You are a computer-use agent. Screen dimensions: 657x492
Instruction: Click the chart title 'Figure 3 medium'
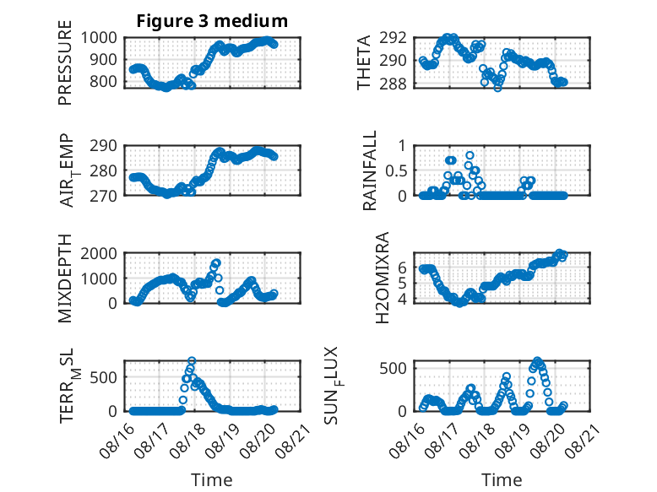click(212, 21)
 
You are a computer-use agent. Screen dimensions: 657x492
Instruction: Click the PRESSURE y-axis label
click(65, 62)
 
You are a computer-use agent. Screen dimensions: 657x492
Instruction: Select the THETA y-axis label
click(364, 62)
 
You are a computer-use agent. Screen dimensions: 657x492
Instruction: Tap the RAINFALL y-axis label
click(370, 170)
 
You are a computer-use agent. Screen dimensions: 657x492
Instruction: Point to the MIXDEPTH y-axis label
click(65, 278)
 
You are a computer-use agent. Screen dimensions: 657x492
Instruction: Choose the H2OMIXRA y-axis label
click(383, 278)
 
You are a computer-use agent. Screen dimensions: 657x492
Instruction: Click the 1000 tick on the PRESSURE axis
click(99, 38)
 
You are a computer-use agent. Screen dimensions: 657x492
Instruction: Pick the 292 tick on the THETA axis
click(393, 38)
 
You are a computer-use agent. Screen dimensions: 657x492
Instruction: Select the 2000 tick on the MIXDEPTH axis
click(99, 253)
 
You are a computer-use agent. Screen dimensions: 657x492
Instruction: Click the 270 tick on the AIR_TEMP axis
click(104, 196)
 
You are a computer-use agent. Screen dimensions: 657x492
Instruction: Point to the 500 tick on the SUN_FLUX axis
click(393, 369)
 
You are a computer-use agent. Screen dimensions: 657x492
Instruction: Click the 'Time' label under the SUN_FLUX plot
click(502, 480)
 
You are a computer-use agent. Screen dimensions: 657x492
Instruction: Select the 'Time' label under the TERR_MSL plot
click(212, 480)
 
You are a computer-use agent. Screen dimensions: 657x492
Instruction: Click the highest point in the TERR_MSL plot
click(192, 360)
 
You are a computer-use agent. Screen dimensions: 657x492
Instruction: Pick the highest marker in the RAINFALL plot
click(470, 155)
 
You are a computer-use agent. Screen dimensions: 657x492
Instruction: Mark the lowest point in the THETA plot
click(497, 88)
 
